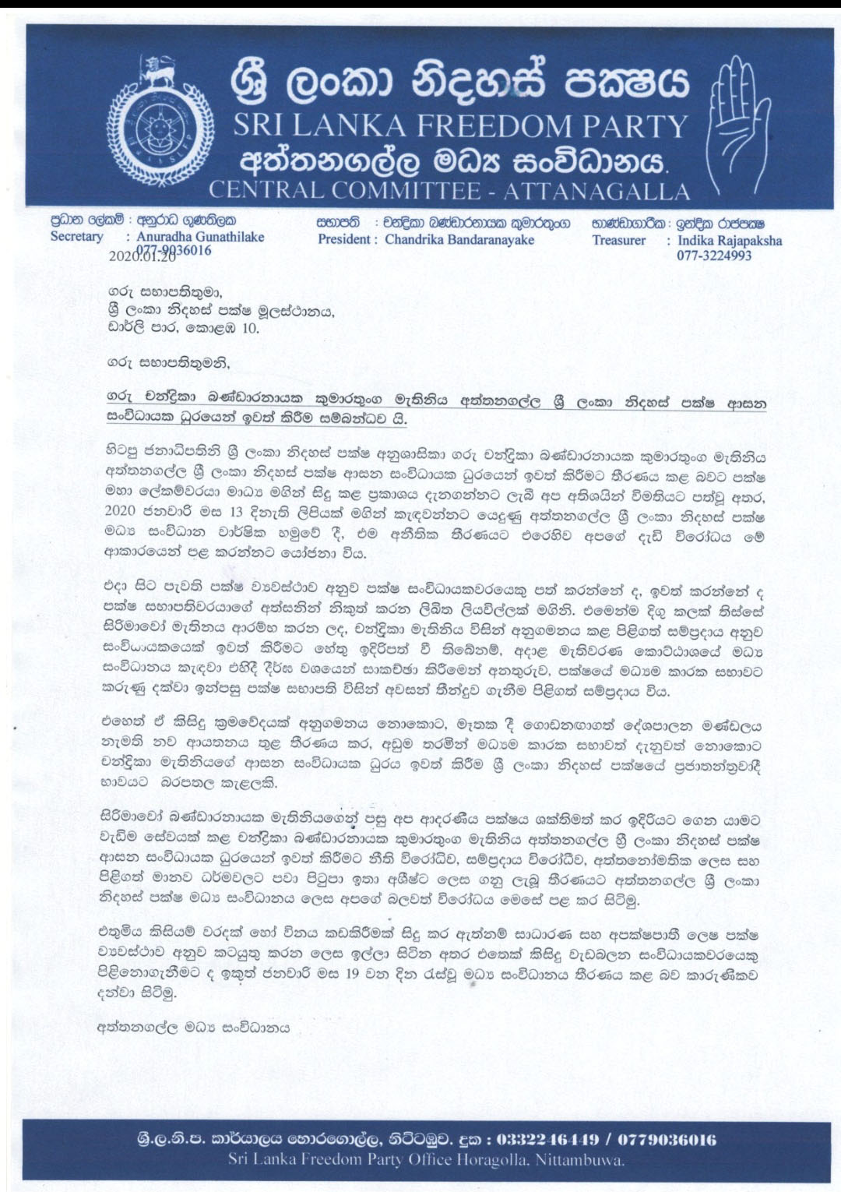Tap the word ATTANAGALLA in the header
[x=596, y=191]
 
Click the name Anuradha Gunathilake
[x=200, y=237]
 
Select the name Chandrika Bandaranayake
[x=459, y=240]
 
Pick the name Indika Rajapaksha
[x=730, y=241]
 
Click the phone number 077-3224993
[x=714, y=256]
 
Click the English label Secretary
[x=76, y=237]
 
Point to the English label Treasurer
[x=618, y=241]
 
